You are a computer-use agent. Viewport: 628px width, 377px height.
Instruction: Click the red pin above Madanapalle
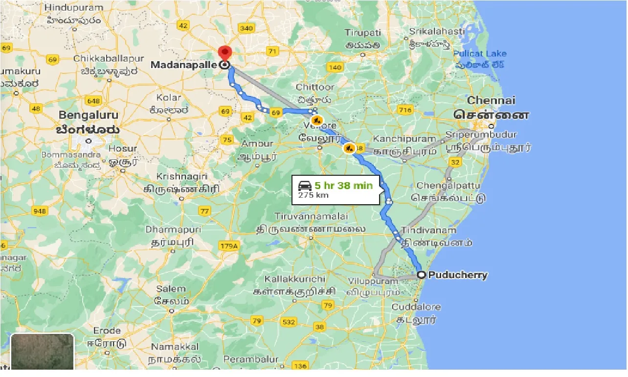(x=224, y=53)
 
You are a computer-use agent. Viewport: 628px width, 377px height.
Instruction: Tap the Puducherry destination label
(x=458, y=275)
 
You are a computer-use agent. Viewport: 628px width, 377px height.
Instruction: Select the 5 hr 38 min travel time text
(x=343, y=186)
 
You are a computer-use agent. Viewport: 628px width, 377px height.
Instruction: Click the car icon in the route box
(x=305, y=186)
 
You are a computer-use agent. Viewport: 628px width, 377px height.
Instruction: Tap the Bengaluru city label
(x=89, y=116)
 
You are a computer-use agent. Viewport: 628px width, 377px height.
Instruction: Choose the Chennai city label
(x=491, y=100)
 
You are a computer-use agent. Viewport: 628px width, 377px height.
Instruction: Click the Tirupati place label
(x=362, y=33)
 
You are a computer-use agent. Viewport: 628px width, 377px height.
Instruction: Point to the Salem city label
(x=171, y=289)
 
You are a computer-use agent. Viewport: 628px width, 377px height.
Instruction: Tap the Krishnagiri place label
(x=182, y=176)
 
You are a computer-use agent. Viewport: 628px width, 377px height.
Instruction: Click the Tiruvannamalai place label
(x=311, y=216)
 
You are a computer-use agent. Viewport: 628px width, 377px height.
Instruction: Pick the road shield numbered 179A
(x=229, y=246)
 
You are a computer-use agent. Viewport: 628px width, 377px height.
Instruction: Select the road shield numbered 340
(x=246, y=28)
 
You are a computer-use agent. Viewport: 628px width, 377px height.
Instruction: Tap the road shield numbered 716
(x=405, y=110)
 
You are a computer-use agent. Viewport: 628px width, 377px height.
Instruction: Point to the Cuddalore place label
(x=416, y=307)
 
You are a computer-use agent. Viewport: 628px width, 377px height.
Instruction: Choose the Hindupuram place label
(x=73, y=8)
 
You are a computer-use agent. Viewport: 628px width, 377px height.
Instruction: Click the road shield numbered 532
(x=289, y=322)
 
